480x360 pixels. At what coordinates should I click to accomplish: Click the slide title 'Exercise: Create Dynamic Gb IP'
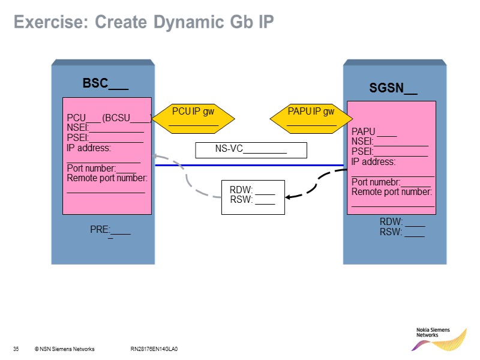tap(143, 23)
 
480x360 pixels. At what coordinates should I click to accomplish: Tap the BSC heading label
tap(105, 83)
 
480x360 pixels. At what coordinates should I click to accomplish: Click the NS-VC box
tap(251, 149)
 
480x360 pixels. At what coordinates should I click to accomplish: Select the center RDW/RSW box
tap(253, 196)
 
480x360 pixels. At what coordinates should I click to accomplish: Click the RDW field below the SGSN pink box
tap(402, 222)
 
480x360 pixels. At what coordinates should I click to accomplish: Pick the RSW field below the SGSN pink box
tap(402, 233)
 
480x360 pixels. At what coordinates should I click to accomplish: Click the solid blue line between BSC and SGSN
tap(249, 165)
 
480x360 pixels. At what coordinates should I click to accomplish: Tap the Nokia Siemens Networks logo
tap(440, 337)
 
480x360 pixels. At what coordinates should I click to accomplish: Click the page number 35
tap(16, 349)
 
